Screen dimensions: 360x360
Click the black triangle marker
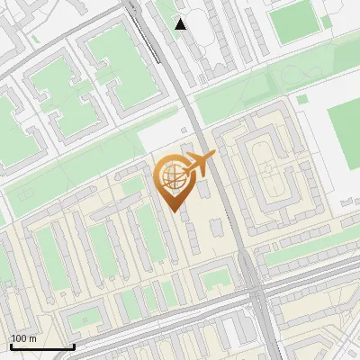(x=181, y=24)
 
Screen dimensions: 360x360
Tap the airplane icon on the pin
(x=199, y=164)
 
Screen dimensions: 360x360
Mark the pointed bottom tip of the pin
(x=174, y=212)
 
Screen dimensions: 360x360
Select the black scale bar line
(x=42, y=346)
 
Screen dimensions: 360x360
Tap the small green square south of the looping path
(x=302, y=99)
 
